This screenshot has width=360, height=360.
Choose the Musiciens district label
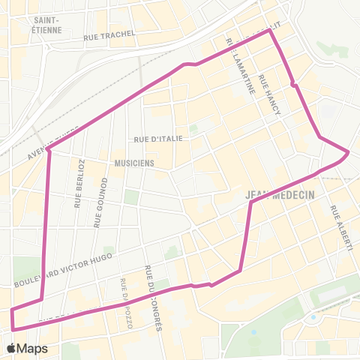pyautogui.click(x=135, y=162)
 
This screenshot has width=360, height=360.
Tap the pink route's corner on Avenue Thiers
pyautogui.click(x=48, y=149)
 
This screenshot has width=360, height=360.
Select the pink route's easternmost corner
pyautogui.click(x=348, y=152)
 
